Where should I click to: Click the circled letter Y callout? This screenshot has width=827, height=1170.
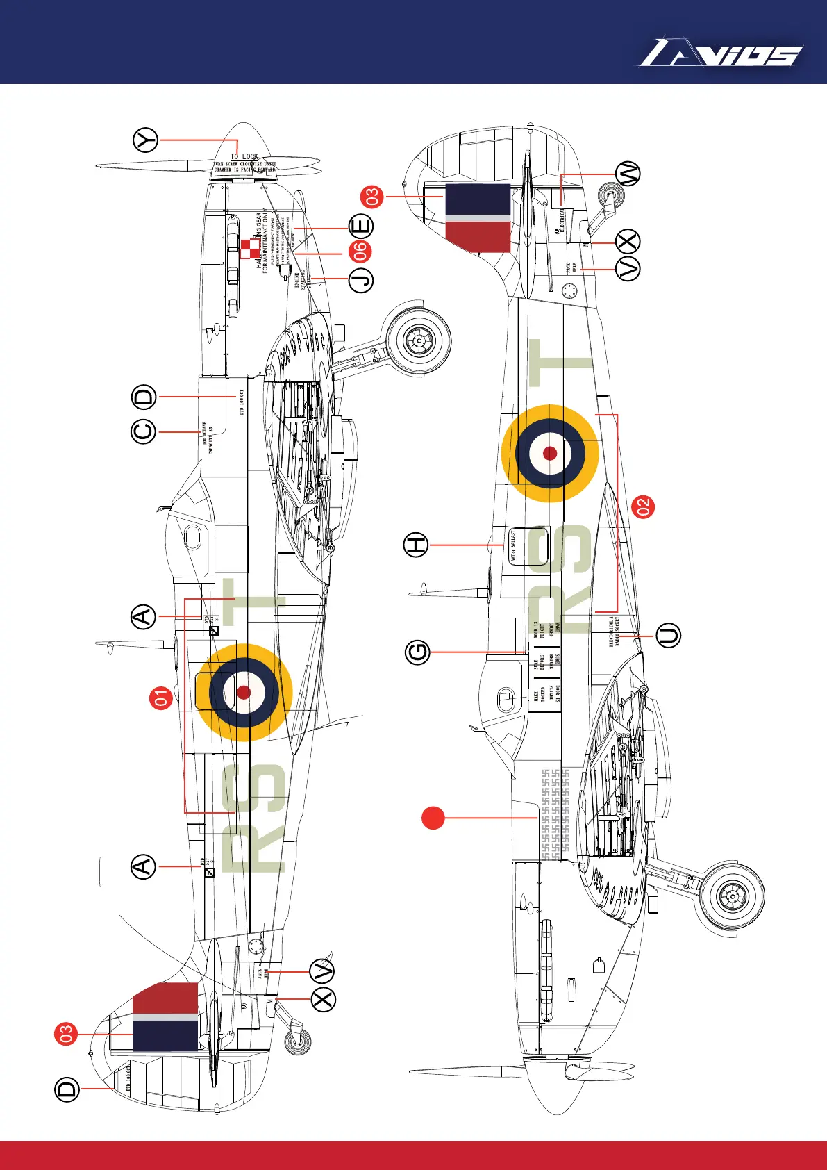[x=146, y=140]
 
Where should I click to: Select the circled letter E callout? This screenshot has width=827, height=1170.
[x=361, y=226]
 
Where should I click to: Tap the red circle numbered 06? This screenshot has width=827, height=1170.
[x=361, y=252]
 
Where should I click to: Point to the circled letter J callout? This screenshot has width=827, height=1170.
[x=361, y=279]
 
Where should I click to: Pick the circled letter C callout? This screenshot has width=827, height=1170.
[x=144, y=431]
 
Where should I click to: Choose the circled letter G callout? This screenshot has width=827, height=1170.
[x=418, y=652]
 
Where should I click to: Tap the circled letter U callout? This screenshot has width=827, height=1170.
[x=669, y=636]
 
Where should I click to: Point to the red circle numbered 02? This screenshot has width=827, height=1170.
[x=644, y=506]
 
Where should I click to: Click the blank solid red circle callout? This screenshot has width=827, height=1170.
[x=433, y=818]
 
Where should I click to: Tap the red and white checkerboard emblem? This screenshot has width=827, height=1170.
[x=250, y=248]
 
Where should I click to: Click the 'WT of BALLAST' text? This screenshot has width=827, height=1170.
[x=513, y=545]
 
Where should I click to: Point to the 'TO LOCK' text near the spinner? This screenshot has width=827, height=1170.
[x=244, y=157]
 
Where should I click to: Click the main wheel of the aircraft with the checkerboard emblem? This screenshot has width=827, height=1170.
[x=419, y=340]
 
